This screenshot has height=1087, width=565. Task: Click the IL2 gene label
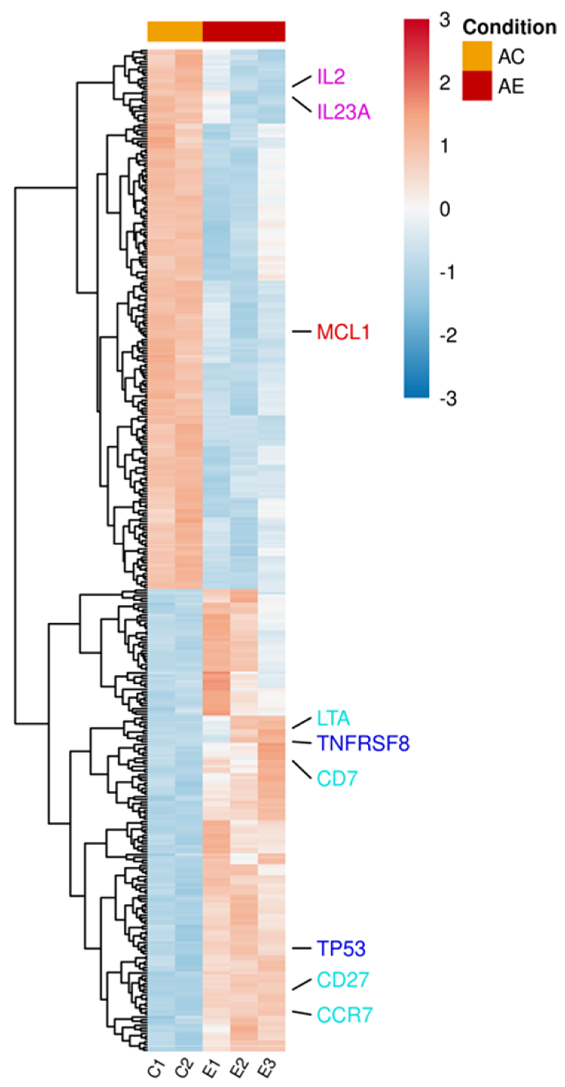point(331,77)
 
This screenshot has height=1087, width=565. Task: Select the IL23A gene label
point(343,112)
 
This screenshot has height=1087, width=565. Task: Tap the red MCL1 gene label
point(343,332)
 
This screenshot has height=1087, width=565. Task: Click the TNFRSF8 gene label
point(363,744)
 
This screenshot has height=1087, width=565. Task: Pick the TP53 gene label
point(341,949)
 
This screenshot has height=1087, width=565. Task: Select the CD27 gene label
point(343,980)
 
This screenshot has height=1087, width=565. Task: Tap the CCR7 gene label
point(344,1016)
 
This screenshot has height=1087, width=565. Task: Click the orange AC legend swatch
point(477,56)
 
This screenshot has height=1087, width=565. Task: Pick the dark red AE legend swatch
point(477,86)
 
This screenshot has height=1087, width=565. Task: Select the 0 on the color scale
point(444,209)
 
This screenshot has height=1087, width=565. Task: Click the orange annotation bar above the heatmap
point(175,32)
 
